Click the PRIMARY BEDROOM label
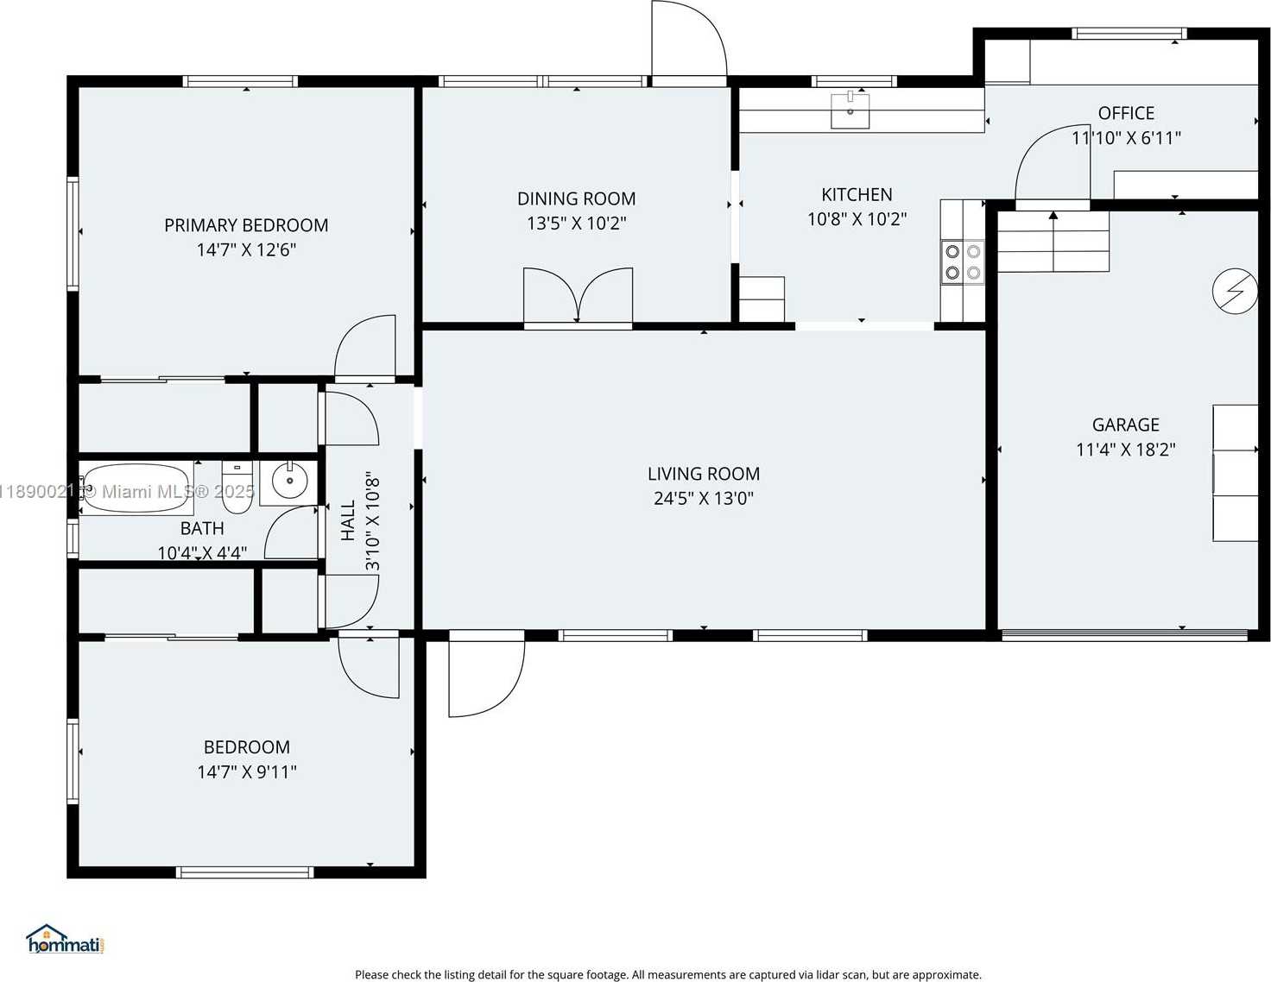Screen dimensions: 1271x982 click(x=246, y=225)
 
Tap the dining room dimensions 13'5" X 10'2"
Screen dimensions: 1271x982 click(x=576, y=223)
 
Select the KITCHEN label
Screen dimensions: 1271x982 click(x=857, y=194)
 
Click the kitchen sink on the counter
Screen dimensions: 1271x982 click(x=850, y=110)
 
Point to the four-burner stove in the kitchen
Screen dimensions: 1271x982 click(x=963, y=261)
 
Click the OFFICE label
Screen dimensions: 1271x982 click(x=1126, y=113)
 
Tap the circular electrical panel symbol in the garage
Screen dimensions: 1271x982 click(x=1235, y=291)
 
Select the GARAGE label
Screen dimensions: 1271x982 click(x=1126, y=425)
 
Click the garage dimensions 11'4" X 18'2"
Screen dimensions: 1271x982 click(x=1126, y=450)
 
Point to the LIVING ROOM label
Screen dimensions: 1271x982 click(x=704, y=474)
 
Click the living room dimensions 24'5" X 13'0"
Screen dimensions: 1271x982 click(x=704, y=499)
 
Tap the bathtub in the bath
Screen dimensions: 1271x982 click(x=136, y=488)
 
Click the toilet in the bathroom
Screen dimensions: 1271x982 click(x=237, y=488)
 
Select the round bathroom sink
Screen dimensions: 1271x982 click(x=289, y=481)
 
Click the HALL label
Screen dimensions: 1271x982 click(x=348, y=520)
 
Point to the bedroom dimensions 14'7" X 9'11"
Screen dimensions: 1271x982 click(x=247, y=772)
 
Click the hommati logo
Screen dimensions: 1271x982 click(x=66, y=940)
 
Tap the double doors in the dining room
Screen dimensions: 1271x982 click(x=578, y=295)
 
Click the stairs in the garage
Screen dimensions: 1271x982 click(x=1053, y=242)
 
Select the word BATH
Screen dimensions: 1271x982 click(x=202, y=528)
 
